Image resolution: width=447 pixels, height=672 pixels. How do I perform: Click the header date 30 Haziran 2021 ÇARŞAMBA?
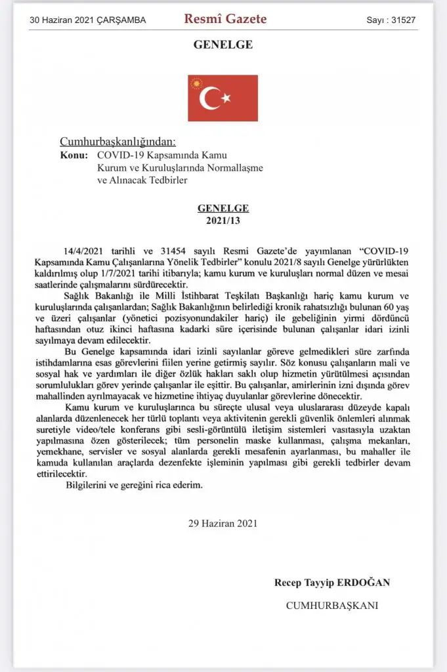pos(88,20)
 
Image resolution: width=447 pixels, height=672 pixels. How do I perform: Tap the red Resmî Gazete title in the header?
pos(225,19)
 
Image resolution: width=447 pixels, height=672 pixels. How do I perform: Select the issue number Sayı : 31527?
pos(391,20)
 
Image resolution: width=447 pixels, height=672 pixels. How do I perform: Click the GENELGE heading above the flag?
pos(223,45)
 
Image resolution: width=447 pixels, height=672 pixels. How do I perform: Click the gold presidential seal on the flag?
pos(195,83)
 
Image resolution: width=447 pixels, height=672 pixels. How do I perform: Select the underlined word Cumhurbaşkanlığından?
pos(117,142)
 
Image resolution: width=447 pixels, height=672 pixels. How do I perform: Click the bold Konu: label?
pos(74,156)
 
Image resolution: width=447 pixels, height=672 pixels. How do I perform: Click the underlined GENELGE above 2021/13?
pos(223,207)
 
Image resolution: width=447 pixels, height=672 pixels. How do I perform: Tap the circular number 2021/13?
pos(223,219)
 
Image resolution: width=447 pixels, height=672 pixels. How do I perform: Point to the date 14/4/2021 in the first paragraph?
pos(84,251)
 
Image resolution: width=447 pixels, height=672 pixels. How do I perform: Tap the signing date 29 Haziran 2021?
pos(223,524)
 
